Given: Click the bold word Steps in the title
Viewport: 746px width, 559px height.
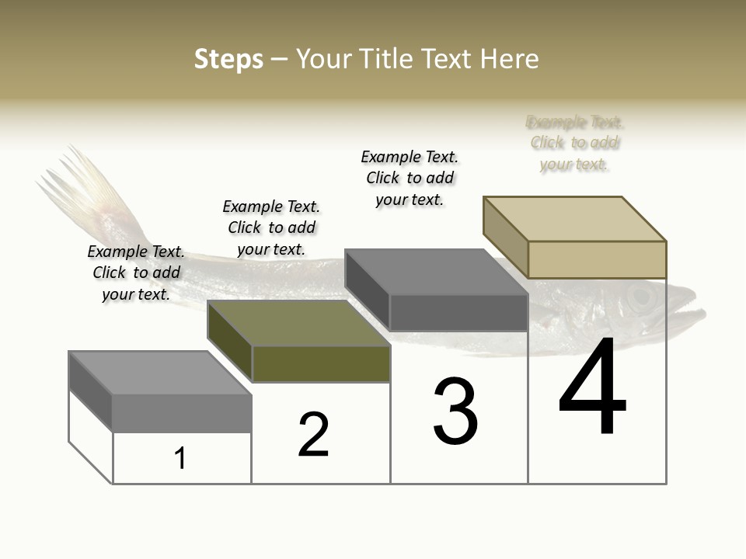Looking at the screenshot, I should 228,59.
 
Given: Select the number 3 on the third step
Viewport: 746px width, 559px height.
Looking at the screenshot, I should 455,411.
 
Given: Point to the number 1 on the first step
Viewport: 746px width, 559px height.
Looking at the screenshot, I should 180,458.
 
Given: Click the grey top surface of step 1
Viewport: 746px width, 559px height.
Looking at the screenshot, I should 160,373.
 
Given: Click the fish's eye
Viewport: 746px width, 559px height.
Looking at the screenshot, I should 640,296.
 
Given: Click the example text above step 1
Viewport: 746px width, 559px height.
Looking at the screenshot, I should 136,273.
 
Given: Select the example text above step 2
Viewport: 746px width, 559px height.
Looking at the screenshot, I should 271,227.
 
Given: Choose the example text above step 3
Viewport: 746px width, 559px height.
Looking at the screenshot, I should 410,178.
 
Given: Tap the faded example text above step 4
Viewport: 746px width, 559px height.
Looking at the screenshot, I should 575,143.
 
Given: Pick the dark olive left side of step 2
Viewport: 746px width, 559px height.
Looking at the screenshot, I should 229,342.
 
